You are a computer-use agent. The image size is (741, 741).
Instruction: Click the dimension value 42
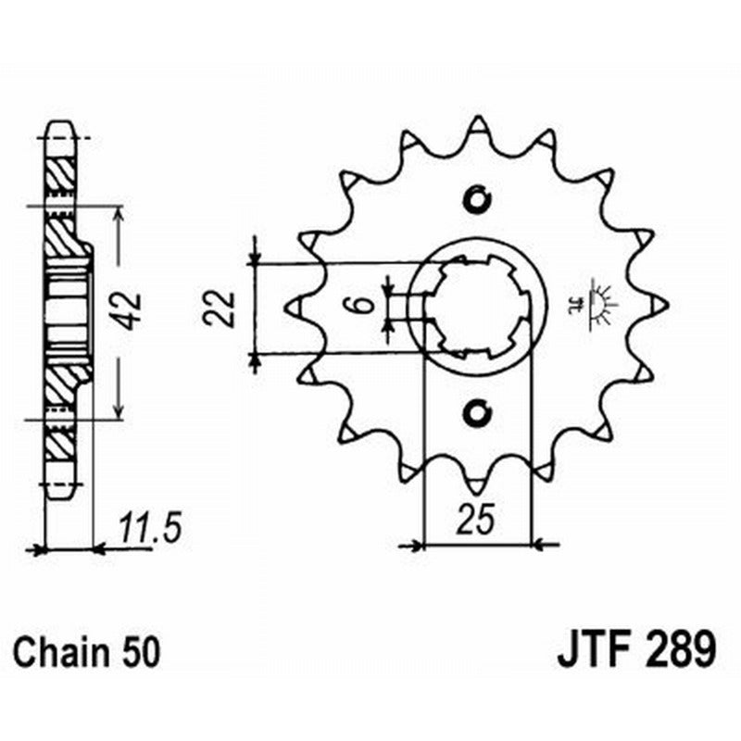(131, 311)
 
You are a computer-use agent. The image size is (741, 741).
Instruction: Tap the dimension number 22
(220, 308)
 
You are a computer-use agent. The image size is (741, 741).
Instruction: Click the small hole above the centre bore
(477, 198)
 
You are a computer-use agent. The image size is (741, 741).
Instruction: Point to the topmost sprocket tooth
(477, 125)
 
